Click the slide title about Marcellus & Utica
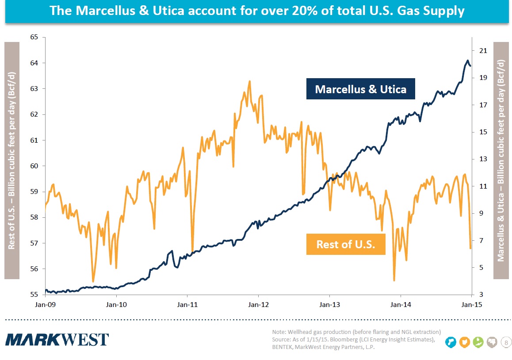(257, 11)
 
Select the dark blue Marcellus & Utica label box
(360, 89)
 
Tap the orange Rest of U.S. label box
(346, 244)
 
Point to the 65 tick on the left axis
(34, 38)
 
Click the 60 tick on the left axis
(34, 166)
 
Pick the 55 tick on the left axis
(34, 295)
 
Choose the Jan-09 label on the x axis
(44, 304)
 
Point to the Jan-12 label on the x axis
(258, 304)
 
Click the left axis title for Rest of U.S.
(12, 160)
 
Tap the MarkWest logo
(57, 340)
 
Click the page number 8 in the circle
(506, 342)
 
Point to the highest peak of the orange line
(249, 81)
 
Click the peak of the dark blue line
(467, 61)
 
